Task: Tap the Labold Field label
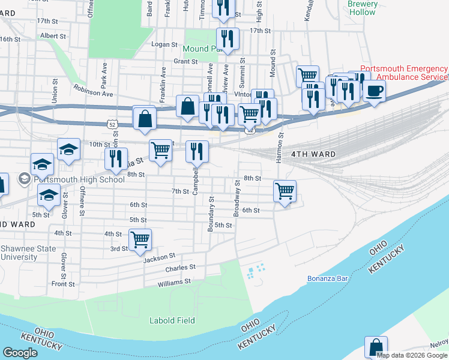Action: tap(172, 320)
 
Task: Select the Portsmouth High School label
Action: tap(79, 179)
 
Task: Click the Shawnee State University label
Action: tap(28, 253)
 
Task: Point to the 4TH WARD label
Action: tap(313, 154)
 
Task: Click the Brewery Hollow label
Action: tap(363, 8)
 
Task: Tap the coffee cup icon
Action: tap(375, 91)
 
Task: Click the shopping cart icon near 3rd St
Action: tap(140, 240)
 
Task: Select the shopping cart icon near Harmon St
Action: tap(285, 191)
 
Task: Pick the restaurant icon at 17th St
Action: tap(228, 39)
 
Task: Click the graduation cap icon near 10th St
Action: tap(69, 149)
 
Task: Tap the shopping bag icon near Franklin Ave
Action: tap(188, 106)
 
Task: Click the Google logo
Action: tap(20, 353)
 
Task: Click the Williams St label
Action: tap(174, 281)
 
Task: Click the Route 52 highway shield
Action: tap(112, 122)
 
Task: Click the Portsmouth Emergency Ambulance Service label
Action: tap(403, 73)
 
